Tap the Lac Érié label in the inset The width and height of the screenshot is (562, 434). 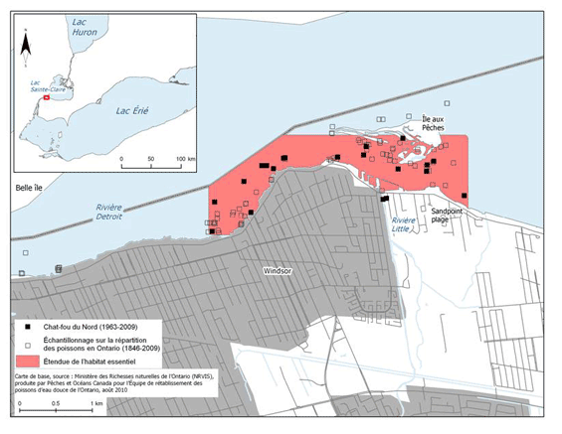131,111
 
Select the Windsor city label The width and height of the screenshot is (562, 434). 280,270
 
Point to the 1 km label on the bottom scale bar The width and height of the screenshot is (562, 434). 96,405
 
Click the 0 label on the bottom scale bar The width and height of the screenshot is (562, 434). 18,405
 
